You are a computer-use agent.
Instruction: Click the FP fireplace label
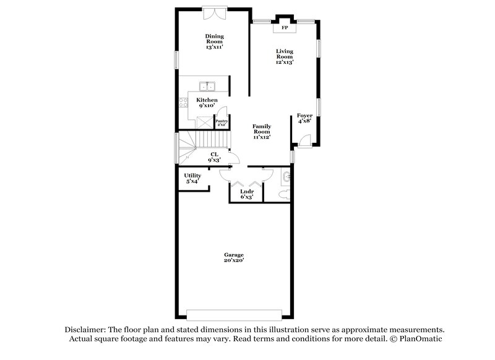click(285, 28)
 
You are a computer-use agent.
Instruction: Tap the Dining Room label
click(214, 41)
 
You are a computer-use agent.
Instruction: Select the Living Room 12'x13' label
click(285, 56)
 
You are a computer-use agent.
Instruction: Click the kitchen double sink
click(207, 87)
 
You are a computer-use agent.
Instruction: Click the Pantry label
click(221, 122)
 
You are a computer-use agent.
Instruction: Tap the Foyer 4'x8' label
click(304, 118)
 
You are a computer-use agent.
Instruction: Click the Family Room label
click(262, 132)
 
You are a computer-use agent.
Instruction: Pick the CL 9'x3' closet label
click(214, 156)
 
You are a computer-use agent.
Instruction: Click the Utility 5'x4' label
click(192, 178)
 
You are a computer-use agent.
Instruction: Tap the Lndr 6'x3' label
click(246, 194)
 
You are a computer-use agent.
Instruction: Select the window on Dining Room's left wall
click(176, 60)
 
